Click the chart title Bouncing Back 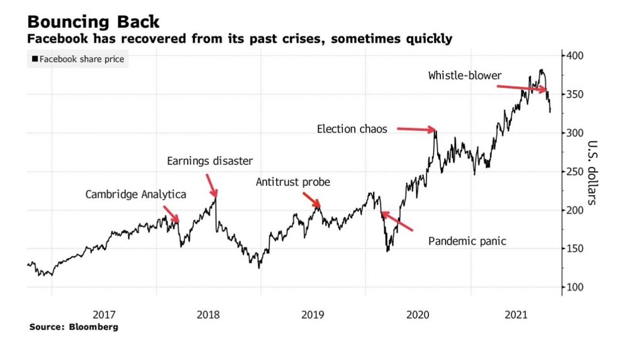(x=93, y=21)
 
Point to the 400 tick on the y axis (x=574, y=56)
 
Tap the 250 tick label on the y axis (x=574, y=171)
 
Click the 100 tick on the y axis (x=574, y=287)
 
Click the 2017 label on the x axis (x=104, y=313)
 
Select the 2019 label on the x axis (x=313, y=313)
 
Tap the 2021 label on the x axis (x=516, y=313)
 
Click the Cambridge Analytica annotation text (x=136, y=194)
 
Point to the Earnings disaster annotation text (x=209, y=161)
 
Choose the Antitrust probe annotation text (x=292, y=183)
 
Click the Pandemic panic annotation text (x=467, y=241)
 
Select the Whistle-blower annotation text (x=465, y=76)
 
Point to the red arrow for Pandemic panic (x=398, y=222)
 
